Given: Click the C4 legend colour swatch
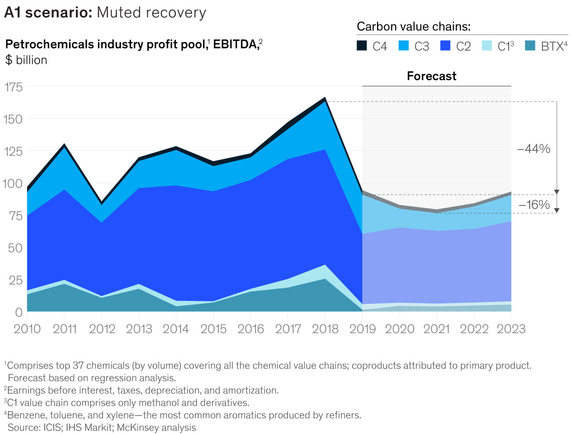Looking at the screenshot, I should click(362, 46).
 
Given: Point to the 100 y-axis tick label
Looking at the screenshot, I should click(13, 184).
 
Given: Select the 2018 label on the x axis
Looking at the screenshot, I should click(325, 329).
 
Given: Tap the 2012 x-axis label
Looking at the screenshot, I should click(101, 329).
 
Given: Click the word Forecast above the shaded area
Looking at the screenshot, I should click(431, 76).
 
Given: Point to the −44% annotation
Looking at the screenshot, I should click(533, 149).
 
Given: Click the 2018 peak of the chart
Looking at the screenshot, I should click(325, 98).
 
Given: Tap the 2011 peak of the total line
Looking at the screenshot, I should click(64, 145).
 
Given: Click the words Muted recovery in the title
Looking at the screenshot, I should click(151, 13).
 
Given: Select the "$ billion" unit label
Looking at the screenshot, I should click(26, 61).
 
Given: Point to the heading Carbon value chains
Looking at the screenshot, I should click(414, 26).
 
